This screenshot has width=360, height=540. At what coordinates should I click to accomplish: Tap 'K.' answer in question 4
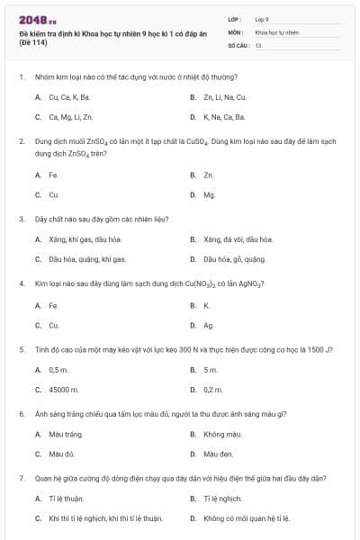coord(206,305)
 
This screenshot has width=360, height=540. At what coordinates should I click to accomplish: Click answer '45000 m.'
coord(64,390)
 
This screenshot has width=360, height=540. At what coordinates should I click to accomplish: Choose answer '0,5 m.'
coord(58,370)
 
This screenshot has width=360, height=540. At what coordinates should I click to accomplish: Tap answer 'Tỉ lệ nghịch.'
coord(223,498)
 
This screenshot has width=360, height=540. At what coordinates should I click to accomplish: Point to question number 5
coord(21,349)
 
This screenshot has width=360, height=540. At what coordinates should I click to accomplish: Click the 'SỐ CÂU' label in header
coord(238,44)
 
